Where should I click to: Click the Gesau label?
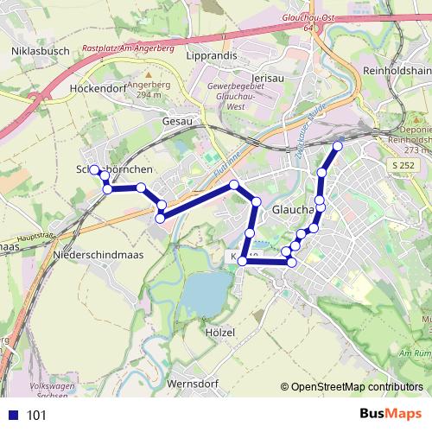point(176,122)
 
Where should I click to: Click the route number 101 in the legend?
point(36,416)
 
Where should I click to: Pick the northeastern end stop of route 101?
point(338,146)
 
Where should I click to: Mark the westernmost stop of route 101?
point(94,170)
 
